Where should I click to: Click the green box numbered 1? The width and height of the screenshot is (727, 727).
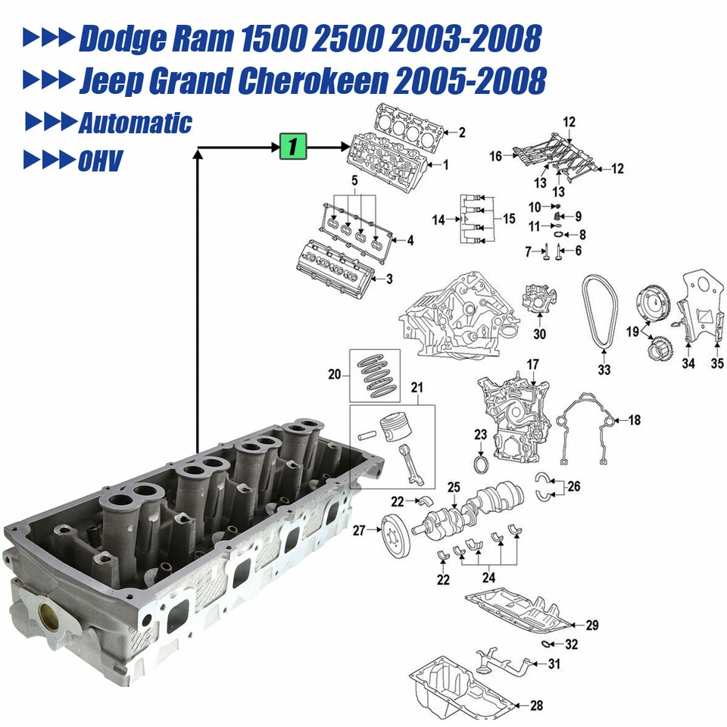[x=293, y=146]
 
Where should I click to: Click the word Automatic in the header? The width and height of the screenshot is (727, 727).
[x=135, y=123]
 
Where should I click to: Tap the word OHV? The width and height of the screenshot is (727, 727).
[x=100, y=161]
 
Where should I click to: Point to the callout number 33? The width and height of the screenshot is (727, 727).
[x=604, y=370]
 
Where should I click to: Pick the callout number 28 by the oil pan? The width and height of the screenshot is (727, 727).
[x=536, y=706]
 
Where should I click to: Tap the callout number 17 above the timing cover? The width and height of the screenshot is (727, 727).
[x=532, y=365]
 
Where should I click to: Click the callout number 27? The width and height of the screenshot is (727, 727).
[x=359, y=531]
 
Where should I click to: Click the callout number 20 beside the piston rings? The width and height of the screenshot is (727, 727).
[x=335, y=373]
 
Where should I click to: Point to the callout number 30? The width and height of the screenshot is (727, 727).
[x=538, y=334]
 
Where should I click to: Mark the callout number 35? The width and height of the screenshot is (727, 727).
[x=716, y=363]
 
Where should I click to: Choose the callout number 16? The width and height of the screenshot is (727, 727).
[x=495, y=157]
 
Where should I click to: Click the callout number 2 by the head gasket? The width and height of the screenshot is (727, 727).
[x=461, y=133]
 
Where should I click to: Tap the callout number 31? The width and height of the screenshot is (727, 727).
[x=554, y=664]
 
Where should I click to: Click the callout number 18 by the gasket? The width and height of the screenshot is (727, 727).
[x=634, y=420]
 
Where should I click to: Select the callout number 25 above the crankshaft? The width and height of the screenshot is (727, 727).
[x=454, y=486]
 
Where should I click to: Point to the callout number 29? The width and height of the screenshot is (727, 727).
[x=591, y=625]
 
